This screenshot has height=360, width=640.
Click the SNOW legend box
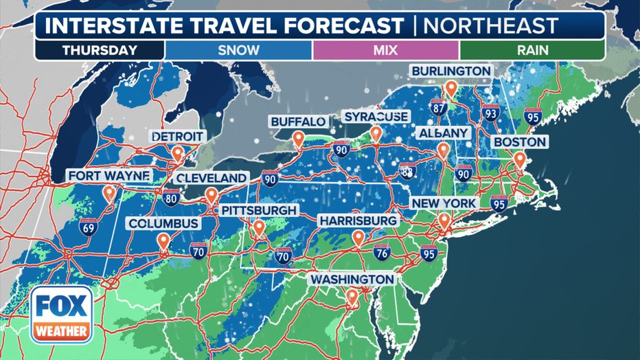[238, 50]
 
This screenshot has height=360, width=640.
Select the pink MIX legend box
[385, 50]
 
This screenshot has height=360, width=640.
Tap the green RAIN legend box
[532, 50]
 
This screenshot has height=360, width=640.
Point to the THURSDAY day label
[100, 50]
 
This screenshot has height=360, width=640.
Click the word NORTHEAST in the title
[490, 26]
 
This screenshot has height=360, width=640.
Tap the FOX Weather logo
[62, 315]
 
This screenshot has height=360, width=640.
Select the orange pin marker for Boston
[520, 159]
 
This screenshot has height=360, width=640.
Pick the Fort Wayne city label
[108, 177]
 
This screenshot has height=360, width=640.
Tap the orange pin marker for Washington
[352, 297]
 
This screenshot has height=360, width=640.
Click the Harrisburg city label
[358, 221]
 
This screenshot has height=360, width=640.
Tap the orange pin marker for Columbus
[163, 240]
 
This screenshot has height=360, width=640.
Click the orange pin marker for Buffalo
[298, 139]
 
